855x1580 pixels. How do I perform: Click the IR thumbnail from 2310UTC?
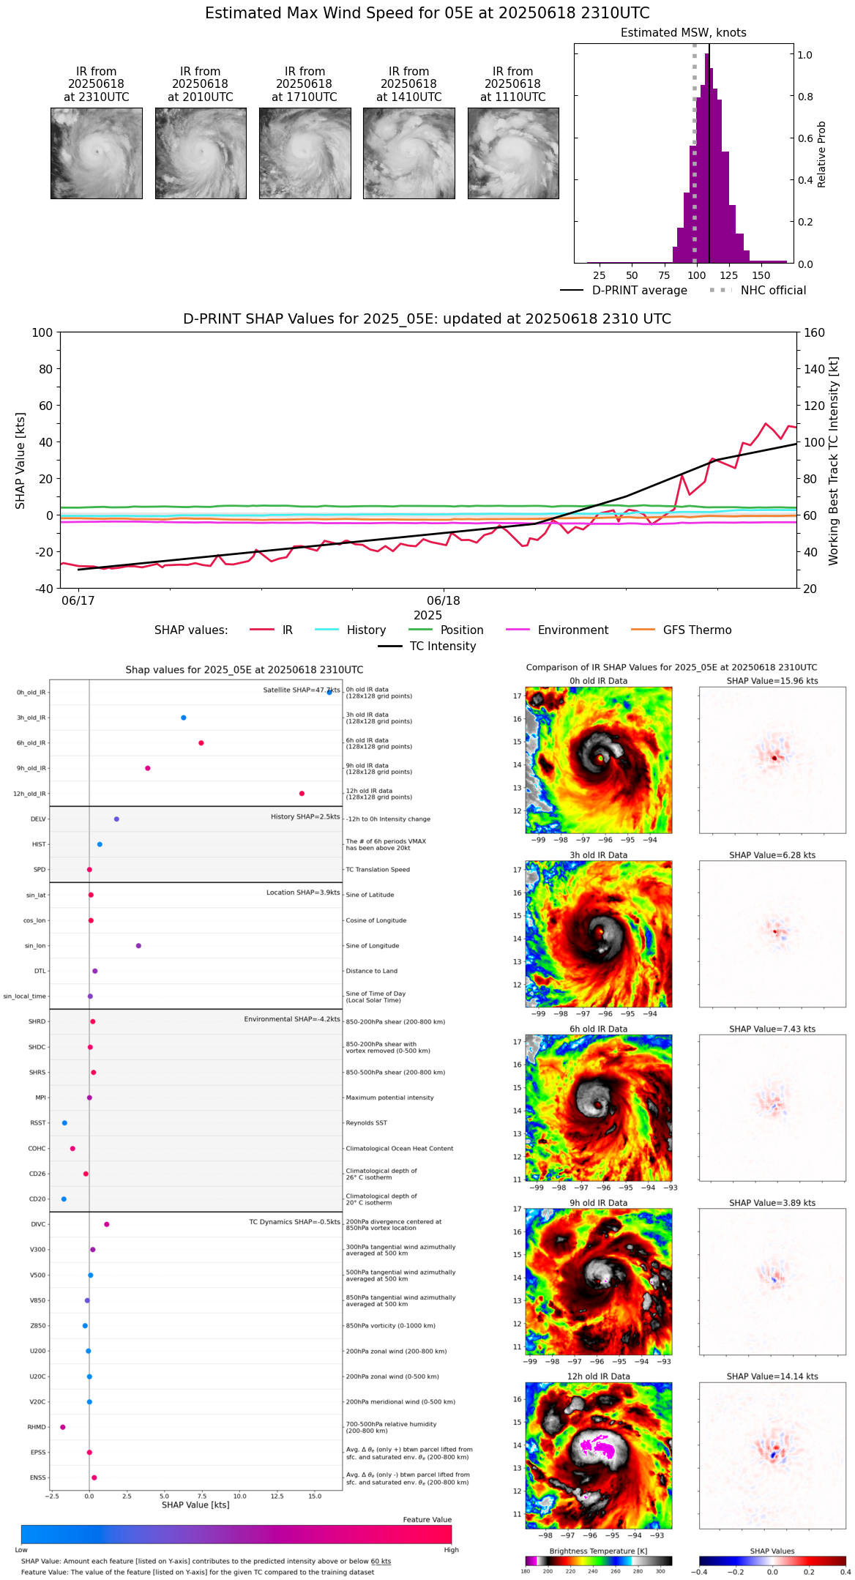point(96,153)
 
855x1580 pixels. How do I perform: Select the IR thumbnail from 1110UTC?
point(513,153)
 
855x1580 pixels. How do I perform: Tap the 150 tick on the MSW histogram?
point(761,276)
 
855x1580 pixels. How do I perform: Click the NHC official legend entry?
point(772,291)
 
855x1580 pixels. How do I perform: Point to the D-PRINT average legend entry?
point(639,291)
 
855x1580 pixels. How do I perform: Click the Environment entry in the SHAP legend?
point(572,630)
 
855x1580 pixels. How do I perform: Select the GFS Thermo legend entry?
point(697,630)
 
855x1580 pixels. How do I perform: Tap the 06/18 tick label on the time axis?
point(444,601)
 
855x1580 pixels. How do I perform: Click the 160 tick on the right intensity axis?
point(814,333)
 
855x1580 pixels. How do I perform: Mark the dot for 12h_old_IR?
point(302,794)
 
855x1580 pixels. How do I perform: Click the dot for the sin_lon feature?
point(138,946)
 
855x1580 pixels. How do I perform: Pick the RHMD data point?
point(63,1427)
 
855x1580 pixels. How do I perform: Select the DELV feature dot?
point(116,819)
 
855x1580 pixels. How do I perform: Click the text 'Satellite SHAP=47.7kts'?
point(302,690)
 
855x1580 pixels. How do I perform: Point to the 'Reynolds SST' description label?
point(366,1123)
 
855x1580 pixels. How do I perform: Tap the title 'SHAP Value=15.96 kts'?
point(772,681)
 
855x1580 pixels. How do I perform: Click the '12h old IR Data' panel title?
point(598,1376)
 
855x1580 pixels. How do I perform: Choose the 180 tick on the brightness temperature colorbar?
point(526,1571)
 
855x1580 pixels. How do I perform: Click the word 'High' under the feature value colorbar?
point(451,1550)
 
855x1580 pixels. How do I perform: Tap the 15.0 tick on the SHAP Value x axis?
point(315,1497)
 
